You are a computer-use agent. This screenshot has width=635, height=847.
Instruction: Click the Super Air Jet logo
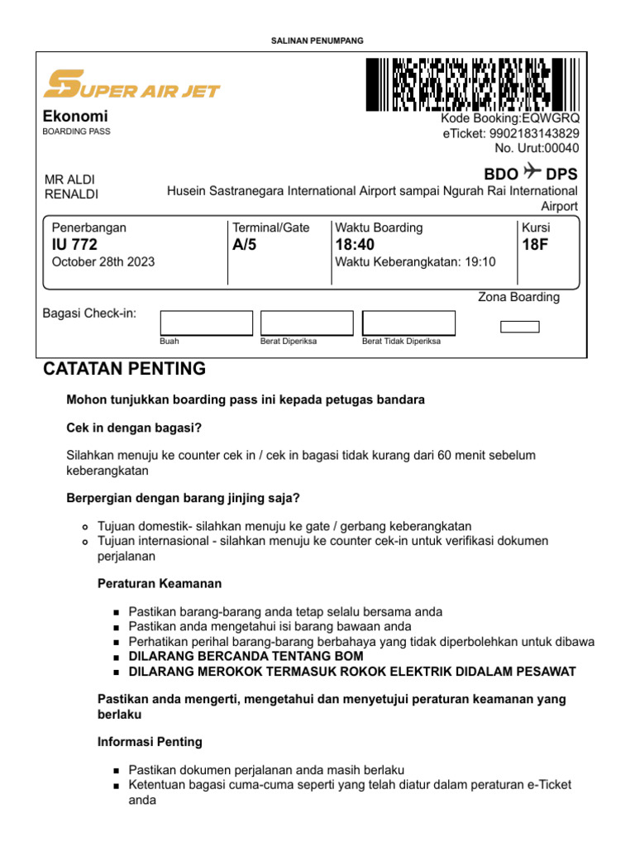[131, 84]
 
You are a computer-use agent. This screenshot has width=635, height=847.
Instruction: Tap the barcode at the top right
[471, 84]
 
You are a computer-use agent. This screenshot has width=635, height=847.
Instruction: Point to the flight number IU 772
[74, 245]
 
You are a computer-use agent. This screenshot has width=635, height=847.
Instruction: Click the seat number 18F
[535, 245]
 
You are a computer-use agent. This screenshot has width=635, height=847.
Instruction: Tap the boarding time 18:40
[355, 245]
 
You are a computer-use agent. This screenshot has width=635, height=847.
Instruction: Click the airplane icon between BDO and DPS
[532, 173]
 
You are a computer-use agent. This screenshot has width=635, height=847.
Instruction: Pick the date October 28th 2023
[103, 262]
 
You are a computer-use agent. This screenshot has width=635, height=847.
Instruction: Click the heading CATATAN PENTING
[124, 369]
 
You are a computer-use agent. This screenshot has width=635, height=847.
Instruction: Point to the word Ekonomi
[75, 117]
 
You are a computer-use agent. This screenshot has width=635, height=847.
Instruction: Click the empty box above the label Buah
[206, 323]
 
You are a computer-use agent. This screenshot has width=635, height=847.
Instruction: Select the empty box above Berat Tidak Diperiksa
[408, 323]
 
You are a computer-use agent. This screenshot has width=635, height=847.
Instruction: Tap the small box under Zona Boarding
[520, 327]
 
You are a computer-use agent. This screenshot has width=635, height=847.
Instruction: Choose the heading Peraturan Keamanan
[160, 584]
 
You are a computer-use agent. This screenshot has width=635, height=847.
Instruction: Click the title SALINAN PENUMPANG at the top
[317, 41]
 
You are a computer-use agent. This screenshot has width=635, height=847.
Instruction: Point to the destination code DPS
[562, 174]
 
